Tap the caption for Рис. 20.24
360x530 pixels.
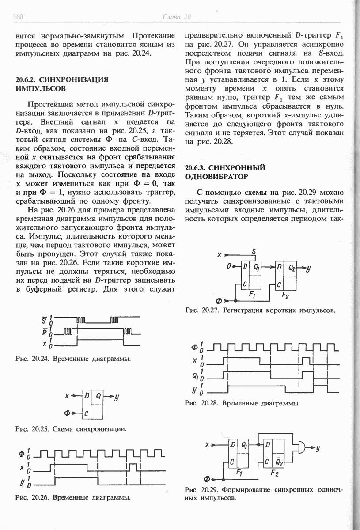73,359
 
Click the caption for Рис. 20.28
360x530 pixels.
243,403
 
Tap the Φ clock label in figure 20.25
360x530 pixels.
68,413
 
